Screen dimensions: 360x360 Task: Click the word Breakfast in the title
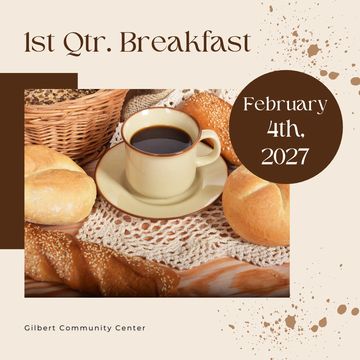pyautogui.click(x=185, y=42)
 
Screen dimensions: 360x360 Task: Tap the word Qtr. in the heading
pyautogui.click(x=88, y=43)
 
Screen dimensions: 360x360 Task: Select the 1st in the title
pyautogui.click(x=39, y=43)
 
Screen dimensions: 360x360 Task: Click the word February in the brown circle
pyautogui.click(x=285, y=104)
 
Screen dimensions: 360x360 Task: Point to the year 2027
pyautogui.click(x=285, y=156)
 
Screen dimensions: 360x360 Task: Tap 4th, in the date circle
pyautogui.click(x=285, y=130)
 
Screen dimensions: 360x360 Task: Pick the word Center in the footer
pyautogui.click(x=131, y=328)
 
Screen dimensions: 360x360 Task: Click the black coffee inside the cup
pyautogui.click(x=161, y=139)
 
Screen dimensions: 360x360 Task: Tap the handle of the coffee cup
pyautogui.click(x=209, y=148)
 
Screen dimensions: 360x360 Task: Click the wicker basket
pyautogui.click(x=72, y=120)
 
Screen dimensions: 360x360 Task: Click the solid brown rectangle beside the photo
pyautogui.click(x=12, y=161)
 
